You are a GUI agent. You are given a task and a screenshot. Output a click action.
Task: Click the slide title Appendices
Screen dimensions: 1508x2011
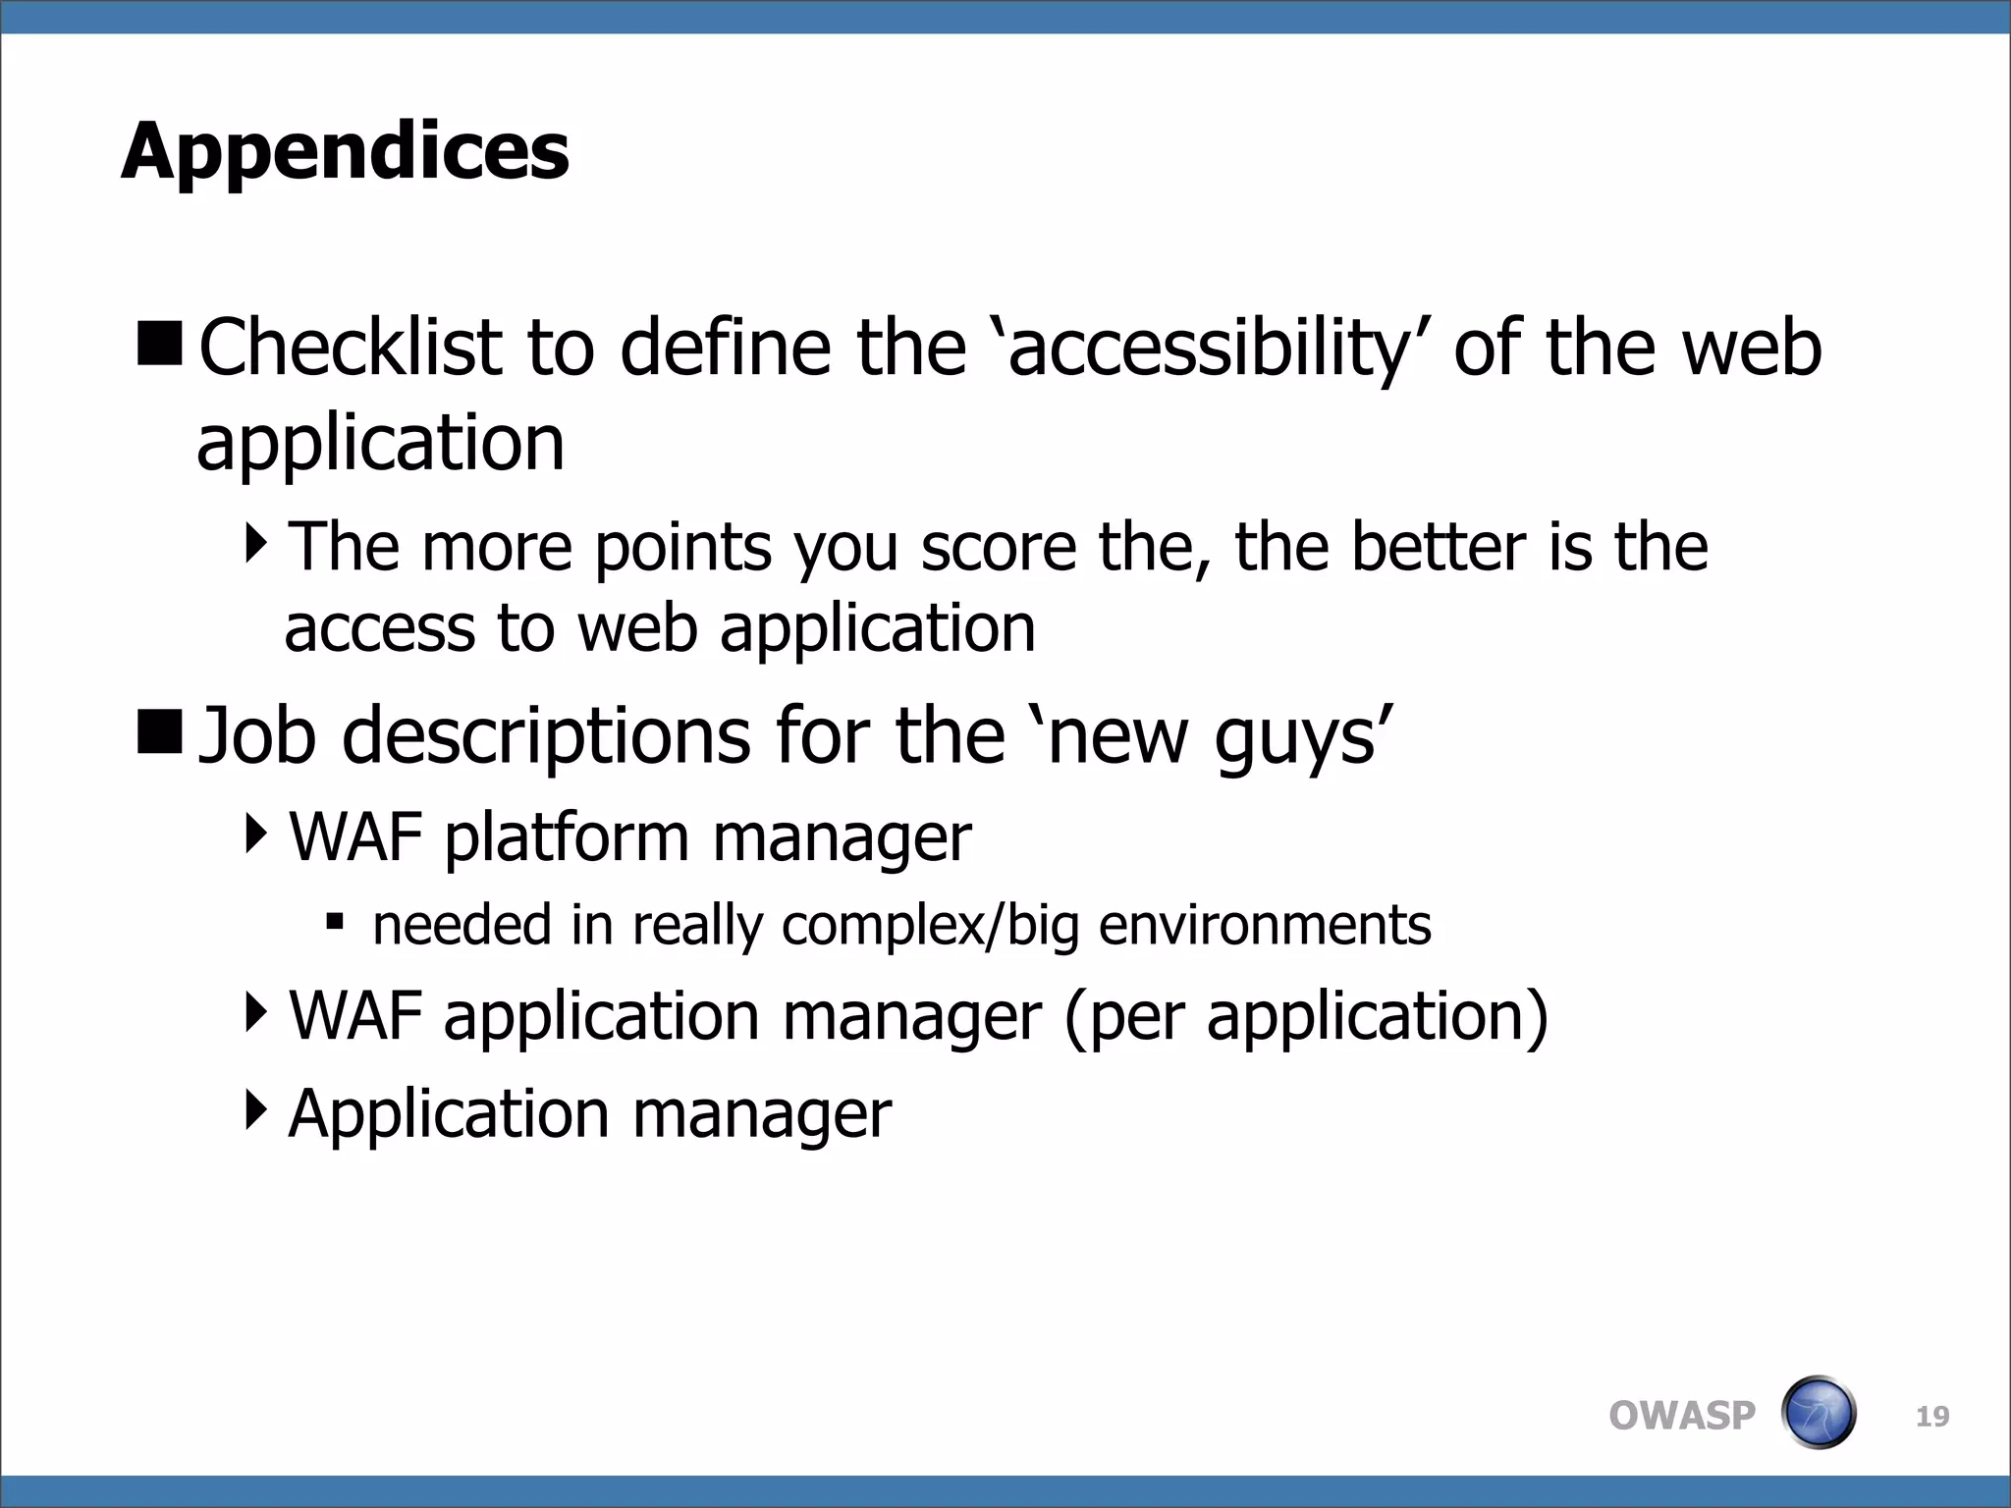(x=345, y=152)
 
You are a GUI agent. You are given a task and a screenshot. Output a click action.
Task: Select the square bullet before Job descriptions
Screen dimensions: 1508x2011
(x=159, y=732)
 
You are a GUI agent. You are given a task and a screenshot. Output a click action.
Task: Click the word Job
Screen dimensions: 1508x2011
(x=257, y=736)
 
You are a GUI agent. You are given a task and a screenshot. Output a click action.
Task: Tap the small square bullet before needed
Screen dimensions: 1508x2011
(x=335, y=922)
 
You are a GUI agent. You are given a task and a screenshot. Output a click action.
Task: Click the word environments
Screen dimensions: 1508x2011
(x=1265, y=926)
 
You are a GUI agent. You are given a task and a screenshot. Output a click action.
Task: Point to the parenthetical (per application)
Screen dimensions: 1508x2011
(x=1305, y=1016)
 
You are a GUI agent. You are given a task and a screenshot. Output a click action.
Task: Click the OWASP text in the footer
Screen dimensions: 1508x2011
(x=1681, y=1416)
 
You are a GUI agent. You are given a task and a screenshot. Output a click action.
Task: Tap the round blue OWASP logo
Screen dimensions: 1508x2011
(x=1818, y=1413)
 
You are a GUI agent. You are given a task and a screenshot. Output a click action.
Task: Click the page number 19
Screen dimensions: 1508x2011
(x=1932, y=1417)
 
